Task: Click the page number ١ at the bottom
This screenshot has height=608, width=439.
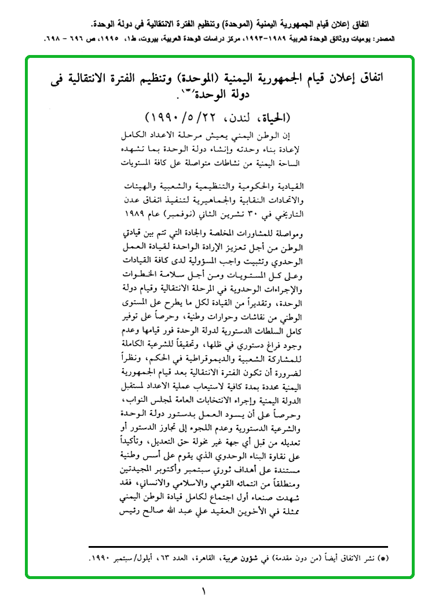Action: click(204, 591)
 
